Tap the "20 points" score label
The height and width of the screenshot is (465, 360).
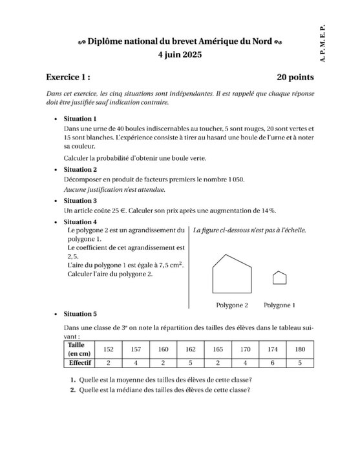click(295, 77)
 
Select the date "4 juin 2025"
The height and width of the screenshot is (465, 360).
click(180, 55)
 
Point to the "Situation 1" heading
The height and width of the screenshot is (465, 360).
click(80, 119)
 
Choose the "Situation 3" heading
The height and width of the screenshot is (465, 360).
click(80, 201)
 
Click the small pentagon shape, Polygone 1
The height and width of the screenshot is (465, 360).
click(279, 278)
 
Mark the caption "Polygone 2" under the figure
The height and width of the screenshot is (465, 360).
click(232, 305)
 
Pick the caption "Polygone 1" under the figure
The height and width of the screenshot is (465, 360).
click(279, 305)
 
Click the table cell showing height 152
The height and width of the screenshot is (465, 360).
click(109, 349)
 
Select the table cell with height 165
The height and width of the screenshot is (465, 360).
click(218, 349)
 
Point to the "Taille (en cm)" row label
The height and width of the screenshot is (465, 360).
click(79, 349)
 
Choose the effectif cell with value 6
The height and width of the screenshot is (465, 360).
click(273, 363)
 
